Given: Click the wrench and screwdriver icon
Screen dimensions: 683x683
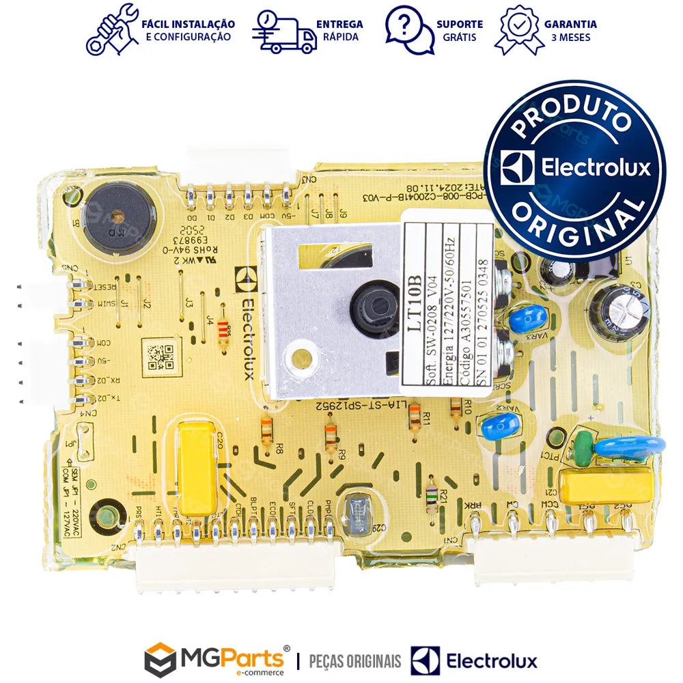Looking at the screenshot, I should pyautogui.click(x=111, y=29).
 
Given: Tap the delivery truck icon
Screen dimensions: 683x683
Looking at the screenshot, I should pyautogui.click(x=284, y=31).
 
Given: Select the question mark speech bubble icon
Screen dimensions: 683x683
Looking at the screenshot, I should pyautogui.click(x=409, y=30).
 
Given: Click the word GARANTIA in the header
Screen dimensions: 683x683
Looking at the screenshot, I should pyautogui.click(x=570, y=24).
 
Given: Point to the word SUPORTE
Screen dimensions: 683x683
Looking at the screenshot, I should pyautogui.click(x=459, y=24).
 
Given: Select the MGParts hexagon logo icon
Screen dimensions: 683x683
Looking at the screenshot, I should pyautogui.click(x=160, y=660).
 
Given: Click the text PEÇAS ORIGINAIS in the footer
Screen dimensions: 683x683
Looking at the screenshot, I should pyautogui.click(x=355, y=661).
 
